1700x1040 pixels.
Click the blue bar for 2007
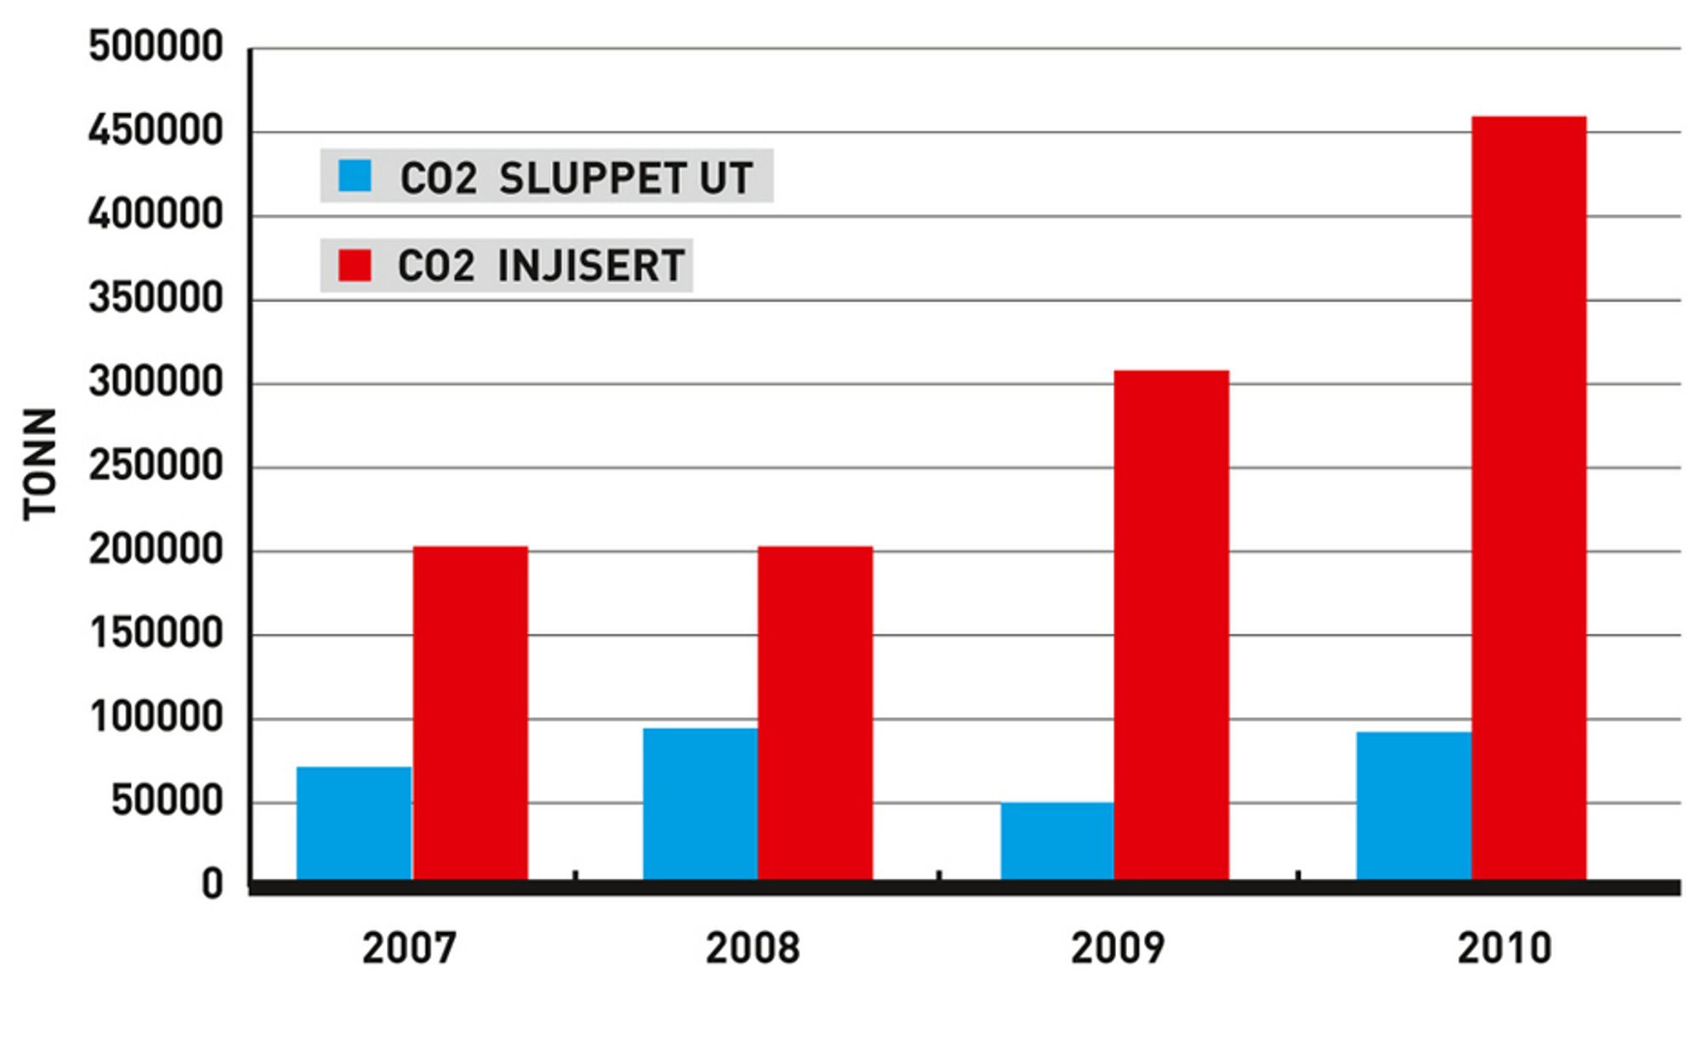click(x=354, y=823)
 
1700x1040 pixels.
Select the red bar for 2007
click(x=470, y=713)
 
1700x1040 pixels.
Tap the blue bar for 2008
click(x=700, y=804)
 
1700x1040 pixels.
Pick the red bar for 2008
click(x=815, y=713)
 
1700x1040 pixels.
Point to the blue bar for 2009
click(x=1057, y=841)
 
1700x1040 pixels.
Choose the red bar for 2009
click(x=1171, y=625)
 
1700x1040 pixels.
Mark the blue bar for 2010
click(x=1414, y=805)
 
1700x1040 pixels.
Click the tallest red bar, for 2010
click(x=1528, y=498)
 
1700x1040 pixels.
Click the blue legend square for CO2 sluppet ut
click(x=354, y=176)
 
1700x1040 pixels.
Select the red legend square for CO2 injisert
click(x=354, y=265)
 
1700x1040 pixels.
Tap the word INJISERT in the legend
click(x=591, y=266)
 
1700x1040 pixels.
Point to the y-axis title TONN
click(x=40, y=464)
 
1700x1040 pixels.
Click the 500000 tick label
click(x=156, y=47)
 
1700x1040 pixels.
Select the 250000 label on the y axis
click(x=156, y=466)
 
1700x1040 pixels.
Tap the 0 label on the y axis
click(x=212, y=885)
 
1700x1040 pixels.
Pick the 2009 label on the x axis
click(x=1117, y=947)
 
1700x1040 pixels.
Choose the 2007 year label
click(x=409, y=947)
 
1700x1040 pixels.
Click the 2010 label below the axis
click(x=1504, y=947)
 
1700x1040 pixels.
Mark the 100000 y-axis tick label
click(x=156, y=717)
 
